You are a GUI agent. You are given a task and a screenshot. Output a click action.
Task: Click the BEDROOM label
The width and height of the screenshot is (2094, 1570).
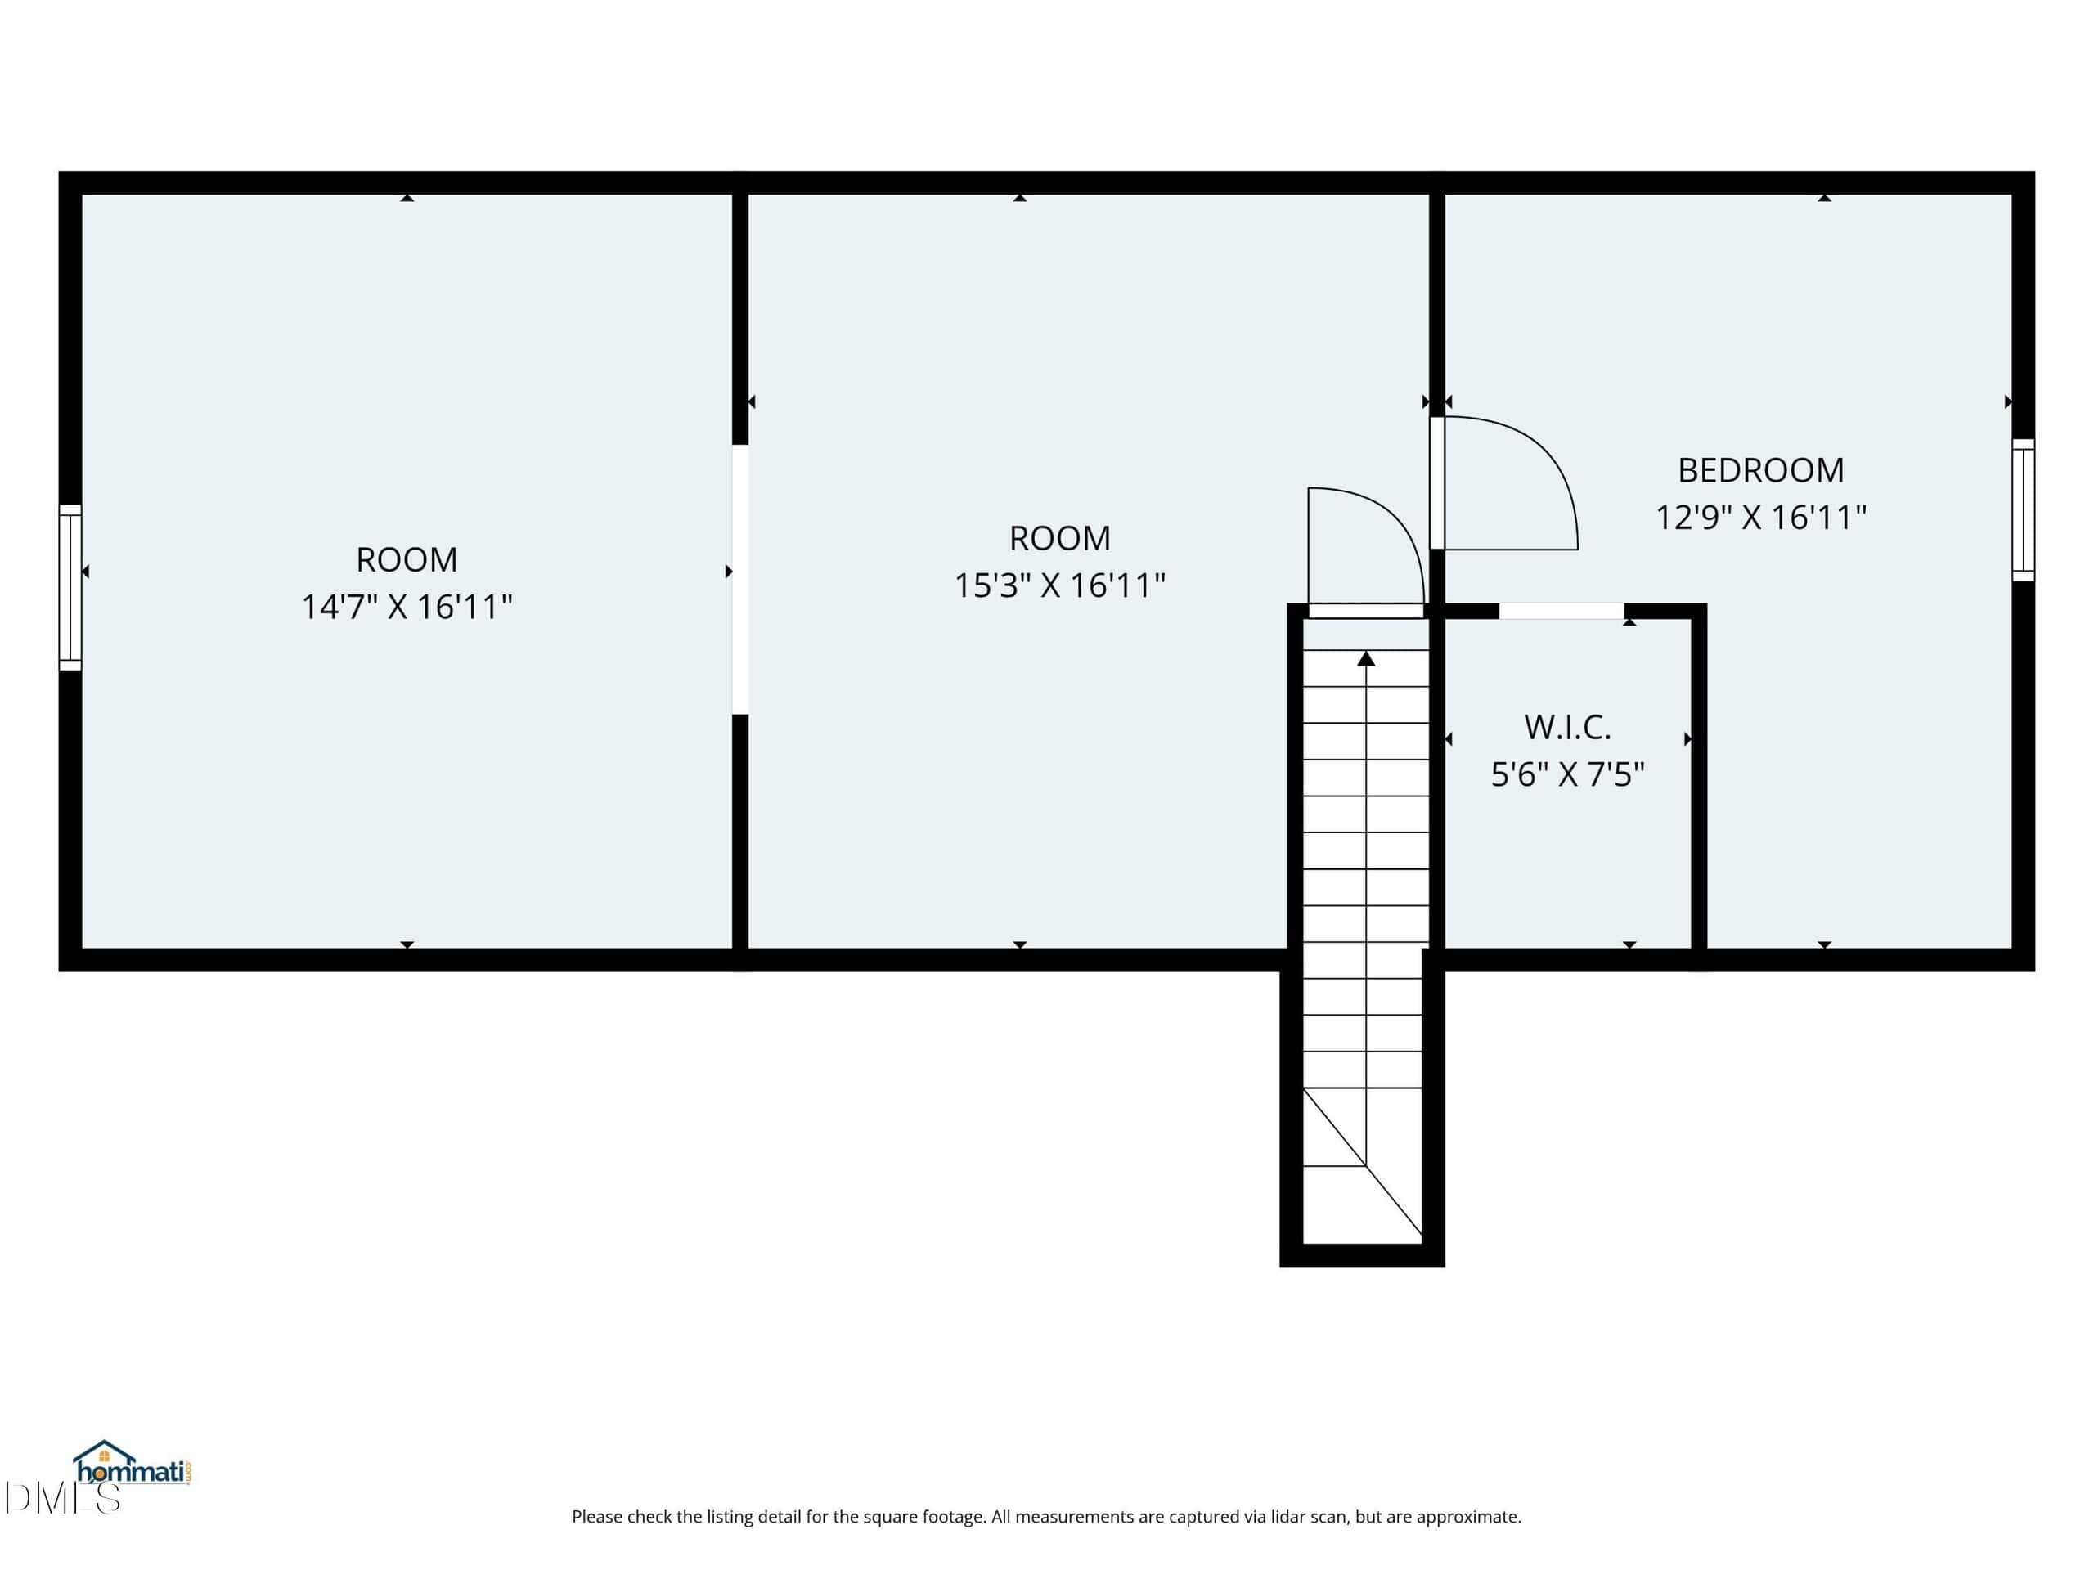coord(1761,470)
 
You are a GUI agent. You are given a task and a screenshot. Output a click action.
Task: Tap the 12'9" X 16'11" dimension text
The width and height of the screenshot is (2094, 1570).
coord(1761,518)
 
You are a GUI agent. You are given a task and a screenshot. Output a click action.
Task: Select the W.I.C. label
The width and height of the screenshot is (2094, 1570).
coord(1568,728)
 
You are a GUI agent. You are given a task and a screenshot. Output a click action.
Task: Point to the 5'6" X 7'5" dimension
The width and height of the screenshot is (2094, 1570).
coord(1568,775)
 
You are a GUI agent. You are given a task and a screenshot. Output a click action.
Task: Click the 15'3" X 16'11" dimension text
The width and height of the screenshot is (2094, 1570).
coord(1059,585)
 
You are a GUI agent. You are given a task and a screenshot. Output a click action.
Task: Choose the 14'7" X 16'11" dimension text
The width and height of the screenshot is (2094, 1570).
coord(407,607)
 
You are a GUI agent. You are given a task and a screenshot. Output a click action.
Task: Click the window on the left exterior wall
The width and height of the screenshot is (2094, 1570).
coord(70,588)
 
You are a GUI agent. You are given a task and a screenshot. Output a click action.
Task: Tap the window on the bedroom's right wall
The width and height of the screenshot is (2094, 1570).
coord(2023,510)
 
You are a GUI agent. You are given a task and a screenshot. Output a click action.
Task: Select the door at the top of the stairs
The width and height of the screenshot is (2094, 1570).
coord(1366,612)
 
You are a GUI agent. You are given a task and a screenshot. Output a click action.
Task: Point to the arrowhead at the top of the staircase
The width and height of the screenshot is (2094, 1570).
coord(1366,658)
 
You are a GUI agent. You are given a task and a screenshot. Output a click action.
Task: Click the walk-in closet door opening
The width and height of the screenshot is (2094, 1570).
coord(1562,612)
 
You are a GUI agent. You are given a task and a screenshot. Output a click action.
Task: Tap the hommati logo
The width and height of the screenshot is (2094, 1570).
coord(133,1465)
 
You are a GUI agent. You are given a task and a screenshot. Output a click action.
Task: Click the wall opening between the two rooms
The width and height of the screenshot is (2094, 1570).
coord(740,579)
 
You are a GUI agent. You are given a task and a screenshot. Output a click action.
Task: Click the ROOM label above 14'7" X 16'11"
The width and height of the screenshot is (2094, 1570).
coord(407,560)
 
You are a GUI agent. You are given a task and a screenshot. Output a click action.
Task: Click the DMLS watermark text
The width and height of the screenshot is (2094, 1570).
coord(62,1497)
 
